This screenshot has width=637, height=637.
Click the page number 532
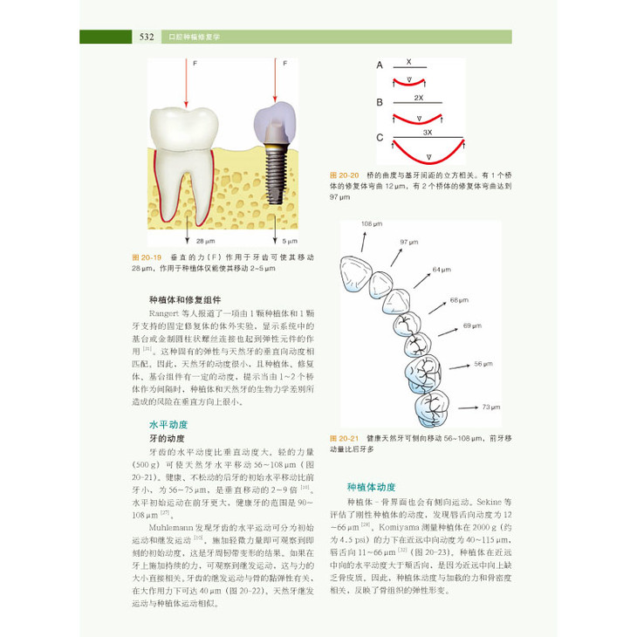(146, 37)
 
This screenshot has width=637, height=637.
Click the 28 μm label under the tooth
(205, 240)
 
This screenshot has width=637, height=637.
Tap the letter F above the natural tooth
(196, 63)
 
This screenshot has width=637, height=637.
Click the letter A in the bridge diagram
(380, 65)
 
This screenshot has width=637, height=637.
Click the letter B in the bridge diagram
(380, 101)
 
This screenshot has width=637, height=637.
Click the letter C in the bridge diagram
(380, 138)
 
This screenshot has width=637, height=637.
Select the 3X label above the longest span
(427, 131)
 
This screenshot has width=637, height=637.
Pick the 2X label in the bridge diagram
(419, 98)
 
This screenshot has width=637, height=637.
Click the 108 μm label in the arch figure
(373, 223)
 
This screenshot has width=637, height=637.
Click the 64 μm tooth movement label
(441, 271)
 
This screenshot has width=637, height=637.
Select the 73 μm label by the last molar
(492, 408)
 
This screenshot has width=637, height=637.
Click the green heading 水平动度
(168, 423)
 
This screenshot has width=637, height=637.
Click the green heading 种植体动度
(371, 487)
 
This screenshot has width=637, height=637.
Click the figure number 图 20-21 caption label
(344, 438)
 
